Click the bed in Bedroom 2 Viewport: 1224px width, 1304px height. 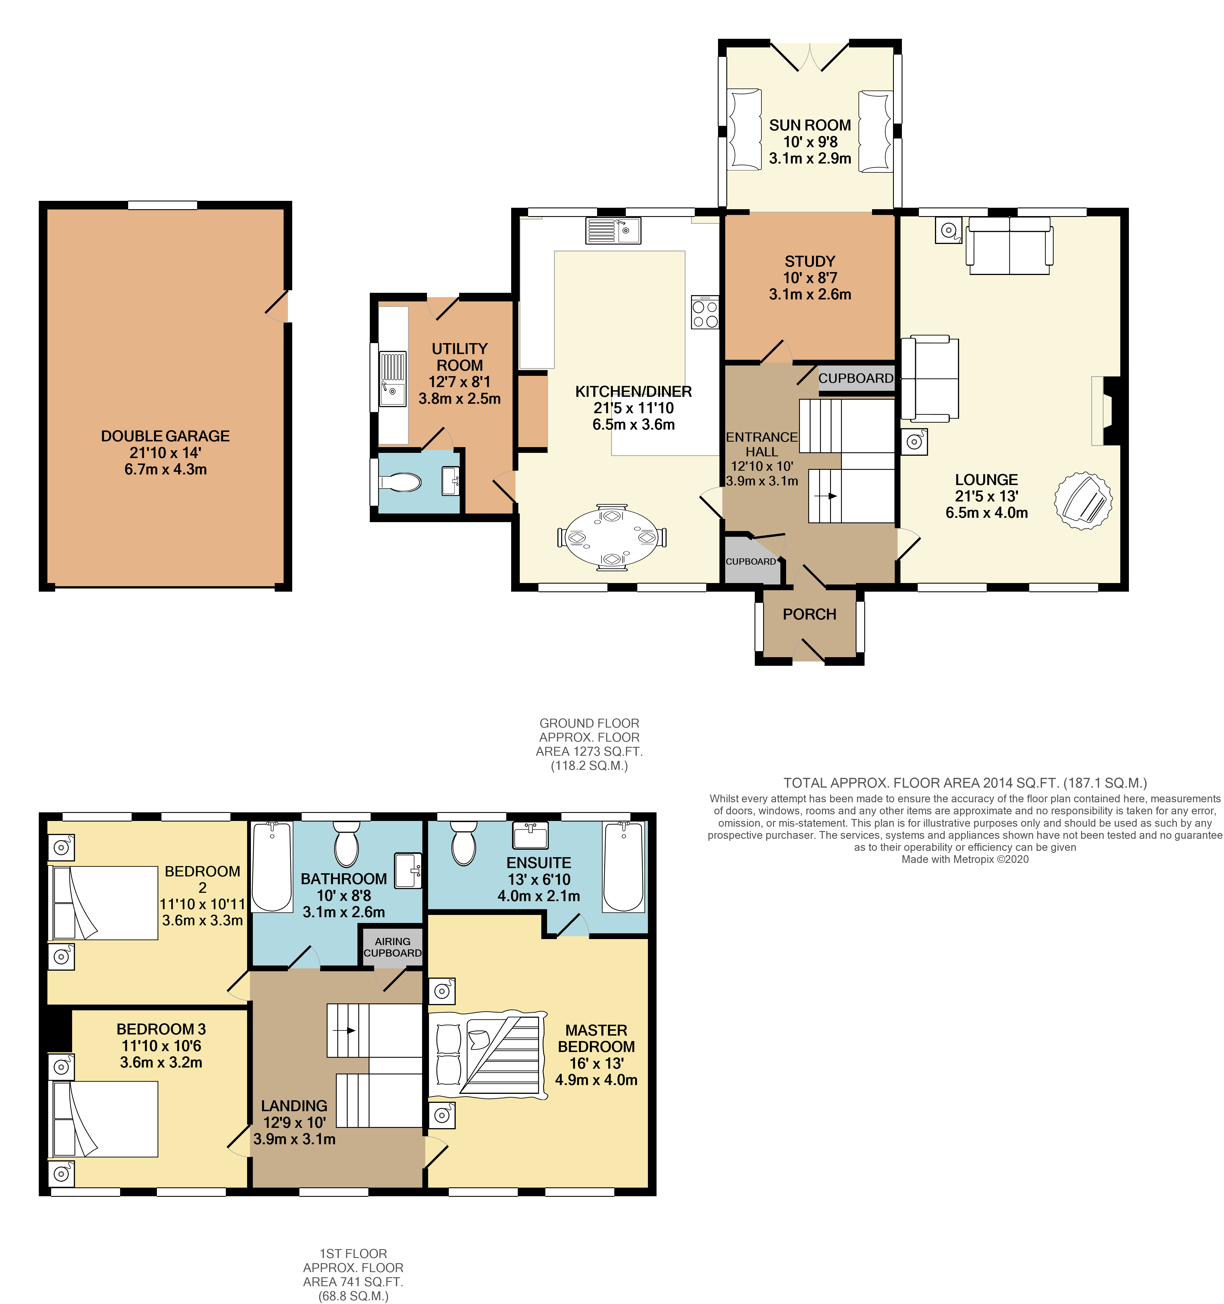point(105,903)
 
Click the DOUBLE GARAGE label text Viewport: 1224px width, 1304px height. point(165,436)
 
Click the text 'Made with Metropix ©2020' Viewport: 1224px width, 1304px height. point(965,859)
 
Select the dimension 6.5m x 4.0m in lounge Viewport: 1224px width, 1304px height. point(987,513)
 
